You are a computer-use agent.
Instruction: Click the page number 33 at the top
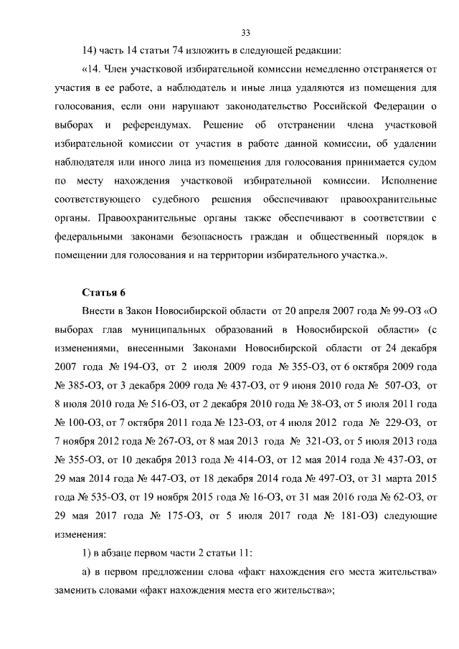point(245,32)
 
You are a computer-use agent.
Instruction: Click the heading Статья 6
point(105,292)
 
